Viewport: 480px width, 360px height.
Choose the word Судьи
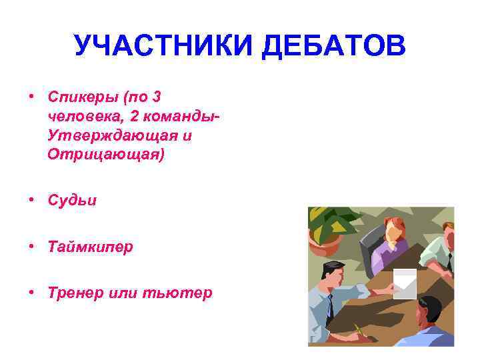tap(72, 200)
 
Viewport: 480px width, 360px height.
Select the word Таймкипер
tap(90, 247)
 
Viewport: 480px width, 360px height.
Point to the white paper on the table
tap(405, 280)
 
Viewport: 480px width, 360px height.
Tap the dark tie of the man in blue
tap(331, 308)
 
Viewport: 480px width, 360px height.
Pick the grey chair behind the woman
tap(368, 250)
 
